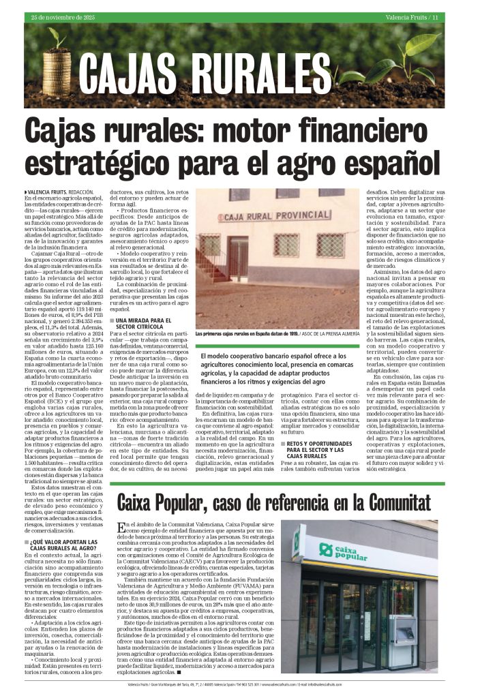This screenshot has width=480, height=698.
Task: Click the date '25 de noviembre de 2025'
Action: point(59,16)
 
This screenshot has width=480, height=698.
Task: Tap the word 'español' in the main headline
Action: point(381,162)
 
